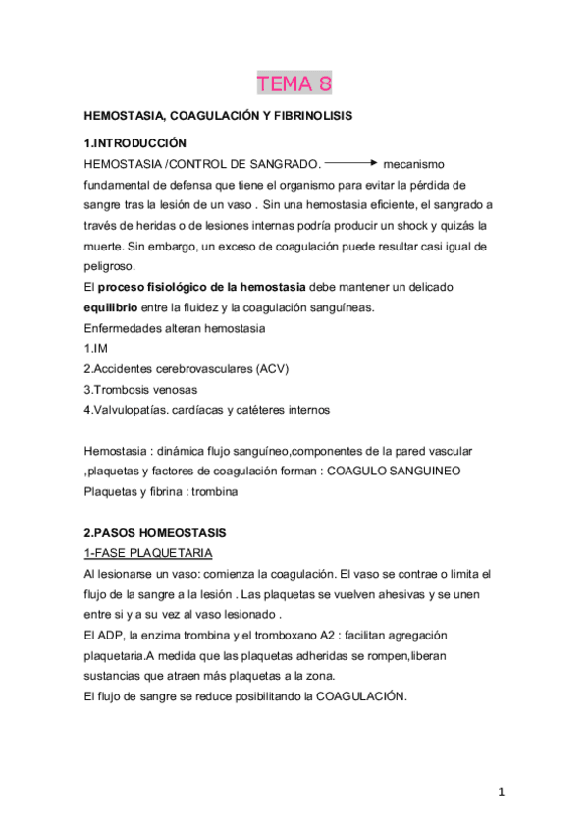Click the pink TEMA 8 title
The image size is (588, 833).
pos(294,83)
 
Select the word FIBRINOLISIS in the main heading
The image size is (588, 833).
pos(310,116)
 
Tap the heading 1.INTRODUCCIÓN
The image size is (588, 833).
pos(134,143)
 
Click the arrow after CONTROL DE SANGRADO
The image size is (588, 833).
pos(350,162)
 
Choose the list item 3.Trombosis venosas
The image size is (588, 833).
pos(141,390)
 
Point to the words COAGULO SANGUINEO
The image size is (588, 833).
pos(397,471)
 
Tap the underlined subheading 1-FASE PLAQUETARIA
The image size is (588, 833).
pos(148,553)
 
